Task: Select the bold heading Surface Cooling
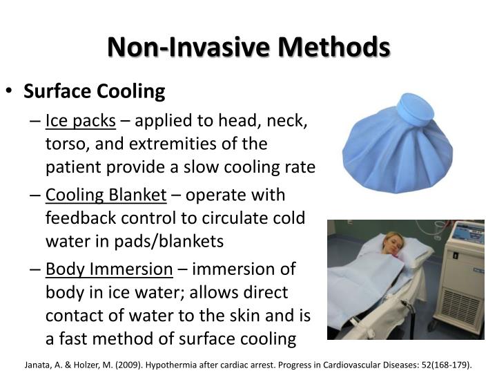pyautogui.click(x=95, y=91)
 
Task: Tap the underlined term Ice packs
pyautogui.click(x=80, y=121)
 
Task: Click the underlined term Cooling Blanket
pyautogui.click(x=106, y=195)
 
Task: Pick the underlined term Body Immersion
pyautogui.click(x=109, y=269)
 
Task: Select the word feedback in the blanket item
pyautogui.click(x=75, y=218)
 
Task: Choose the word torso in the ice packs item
pyautogui.click(x=63, y=144)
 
